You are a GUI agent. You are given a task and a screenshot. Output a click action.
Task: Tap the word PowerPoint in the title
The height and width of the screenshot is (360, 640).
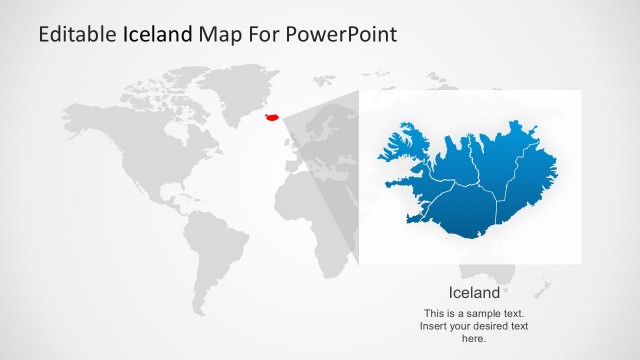click(x=340, y=34)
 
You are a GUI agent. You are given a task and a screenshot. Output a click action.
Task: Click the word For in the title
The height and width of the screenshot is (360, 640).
click(x=263, y=34)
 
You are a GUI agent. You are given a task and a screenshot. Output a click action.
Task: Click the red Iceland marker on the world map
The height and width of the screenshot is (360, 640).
click(x=270, y=117)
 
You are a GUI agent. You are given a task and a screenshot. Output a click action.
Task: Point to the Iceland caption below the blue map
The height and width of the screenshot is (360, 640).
click(x=474, y=293)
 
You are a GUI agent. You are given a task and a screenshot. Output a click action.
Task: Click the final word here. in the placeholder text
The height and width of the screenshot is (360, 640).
click(x=474, y=339)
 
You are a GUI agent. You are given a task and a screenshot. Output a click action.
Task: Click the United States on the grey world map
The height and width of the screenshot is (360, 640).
click(x=150, y=160)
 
